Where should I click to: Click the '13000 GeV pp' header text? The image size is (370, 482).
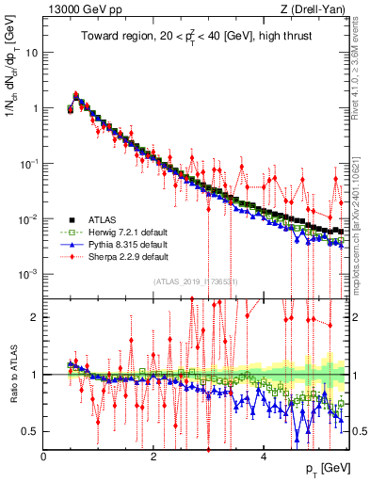tap(80, 8)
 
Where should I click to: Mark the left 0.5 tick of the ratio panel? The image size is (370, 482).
tap(34, 431)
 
